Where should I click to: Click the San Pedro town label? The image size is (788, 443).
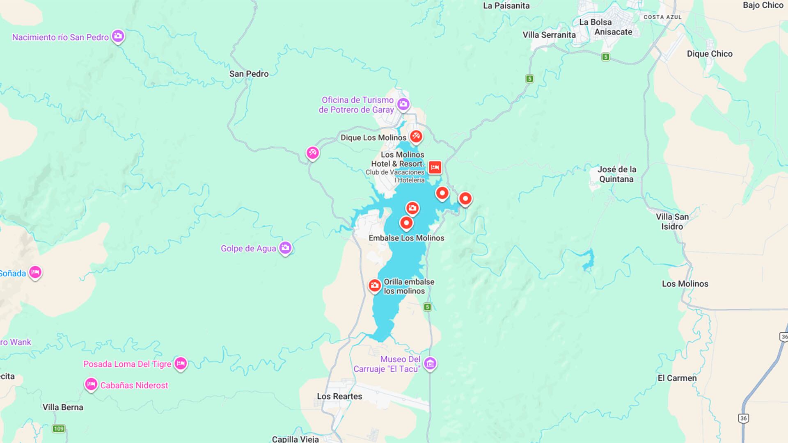[249, 74]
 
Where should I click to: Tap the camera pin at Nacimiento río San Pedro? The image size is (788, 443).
[118, 36]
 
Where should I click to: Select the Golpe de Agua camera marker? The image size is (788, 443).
[285, 248]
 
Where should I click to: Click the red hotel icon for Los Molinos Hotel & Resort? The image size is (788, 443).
[435, 167]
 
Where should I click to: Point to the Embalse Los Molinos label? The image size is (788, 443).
[406, 238]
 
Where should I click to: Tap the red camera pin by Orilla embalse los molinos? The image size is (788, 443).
[374, 285]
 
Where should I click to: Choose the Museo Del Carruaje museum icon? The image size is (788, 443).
[430, 363]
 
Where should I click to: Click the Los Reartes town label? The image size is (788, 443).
[339, 396]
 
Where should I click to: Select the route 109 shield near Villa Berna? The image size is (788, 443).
[59, 429]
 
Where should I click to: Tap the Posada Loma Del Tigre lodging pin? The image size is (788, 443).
[181, 363]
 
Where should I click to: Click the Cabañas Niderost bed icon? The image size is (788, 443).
[91, 384]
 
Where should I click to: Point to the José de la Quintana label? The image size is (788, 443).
[616, 174]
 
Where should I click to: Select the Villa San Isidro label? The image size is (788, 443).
[672, 221]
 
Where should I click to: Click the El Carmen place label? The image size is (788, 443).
[677, 378]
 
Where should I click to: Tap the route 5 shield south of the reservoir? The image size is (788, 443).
[427, 307]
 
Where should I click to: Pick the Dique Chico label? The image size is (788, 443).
[709, 54]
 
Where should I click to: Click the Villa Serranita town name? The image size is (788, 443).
[549, 35]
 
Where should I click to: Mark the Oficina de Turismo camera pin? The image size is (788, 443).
[403, 104]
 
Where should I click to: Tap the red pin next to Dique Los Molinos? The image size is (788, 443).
[416, 136]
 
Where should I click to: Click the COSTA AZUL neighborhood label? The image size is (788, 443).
[662, 17]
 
